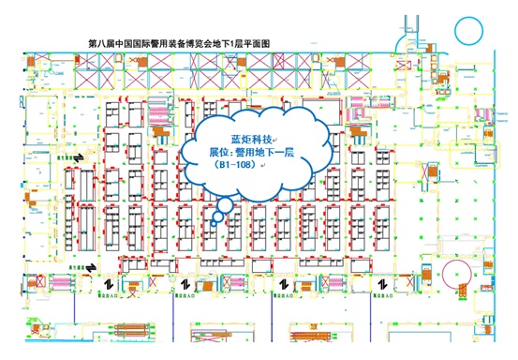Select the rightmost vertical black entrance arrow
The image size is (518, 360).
point(382,284)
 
